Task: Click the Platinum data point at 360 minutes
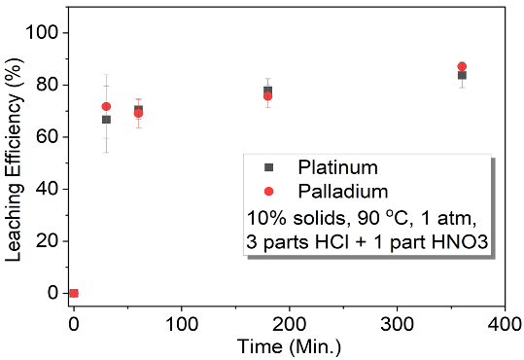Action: coord(462,75)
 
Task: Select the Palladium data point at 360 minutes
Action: coord(462,66)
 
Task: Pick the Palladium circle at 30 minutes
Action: coord(106,106)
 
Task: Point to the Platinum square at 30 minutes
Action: coord(106,120)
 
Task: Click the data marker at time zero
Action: coord(74,293)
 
